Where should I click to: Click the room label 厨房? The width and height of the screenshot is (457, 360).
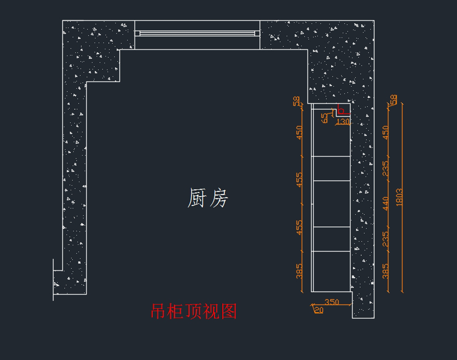[x=208, y=198]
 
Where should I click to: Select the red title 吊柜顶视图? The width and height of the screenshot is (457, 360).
[x=194, y=311]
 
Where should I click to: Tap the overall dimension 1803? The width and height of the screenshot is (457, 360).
[x=399, y=197]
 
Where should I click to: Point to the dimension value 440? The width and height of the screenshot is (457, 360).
[x=386, y=204]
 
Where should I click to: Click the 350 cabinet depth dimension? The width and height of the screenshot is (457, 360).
[x=332, y=302]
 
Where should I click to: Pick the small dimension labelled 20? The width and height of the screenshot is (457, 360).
[x=319, y=310]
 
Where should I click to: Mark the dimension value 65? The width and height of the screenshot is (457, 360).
[x=325, y=118]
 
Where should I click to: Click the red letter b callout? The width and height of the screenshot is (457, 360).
[x=341, y=111]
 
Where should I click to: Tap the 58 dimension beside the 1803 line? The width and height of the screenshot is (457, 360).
[x=393, y=99]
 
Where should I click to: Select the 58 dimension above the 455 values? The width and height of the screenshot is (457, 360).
[x=296, y=101]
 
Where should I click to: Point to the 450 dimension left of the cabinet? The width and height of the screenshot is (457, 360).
[x=299, y=132]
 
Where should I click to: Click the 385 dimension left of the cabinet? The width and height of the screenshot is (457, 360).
[x=299, y=271]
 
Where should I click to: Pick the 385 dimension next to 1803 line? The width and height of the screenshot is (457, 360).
[x=386, y=271]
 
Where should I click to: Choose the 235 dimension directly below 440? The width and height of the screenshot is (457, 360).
[x=386, y=239]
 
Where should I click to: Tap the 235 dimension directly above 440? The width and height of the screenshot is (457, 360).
[x=386, y=169]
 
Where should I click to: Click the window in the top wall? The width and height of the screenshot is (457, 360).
[x=197, y=33]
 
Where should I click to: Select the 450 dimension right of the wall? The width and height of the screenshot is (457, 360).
[x=386, y=132]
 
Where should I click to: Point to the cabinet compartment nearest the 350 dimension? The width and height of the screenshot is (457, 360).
[x=331, y=271]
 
